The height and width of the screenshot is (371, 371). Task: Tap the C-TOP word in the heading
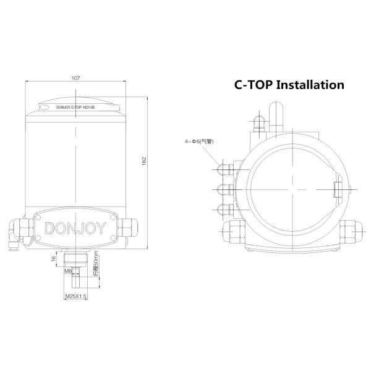pyautogui.click(x=252, y=85)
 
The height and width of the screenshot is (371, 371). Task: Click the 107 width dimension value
pyautogui.click(x=76, y=79)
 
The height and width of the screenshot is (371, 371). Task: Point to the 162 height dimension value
pyautogui.click(x=143, y=160)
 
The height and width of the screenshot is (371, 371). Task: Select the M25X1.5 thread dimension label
pyautogui.click(x=76, y=297)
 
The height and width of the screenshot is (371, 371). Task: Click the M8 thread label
pyautogui.click(x=68, y=270)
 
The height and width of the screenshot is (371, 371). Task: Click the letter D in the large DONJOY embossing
pyautogui.click(x=51, y=230)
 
